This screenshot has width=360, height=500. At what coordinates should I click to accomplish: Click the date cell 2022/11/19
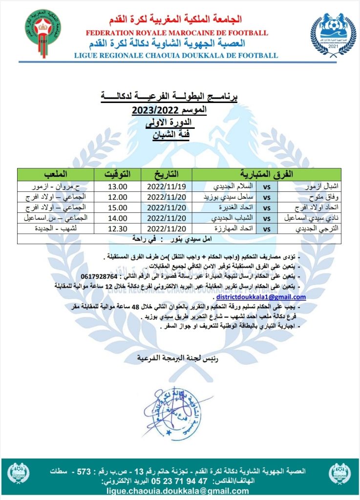tap(166, 186)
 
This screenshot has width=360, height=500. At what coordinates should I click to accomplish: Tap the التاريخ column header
tap(166, 174)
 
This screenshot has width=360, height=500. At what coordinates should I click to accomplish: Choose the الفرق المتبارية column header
tap(267, 174)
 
